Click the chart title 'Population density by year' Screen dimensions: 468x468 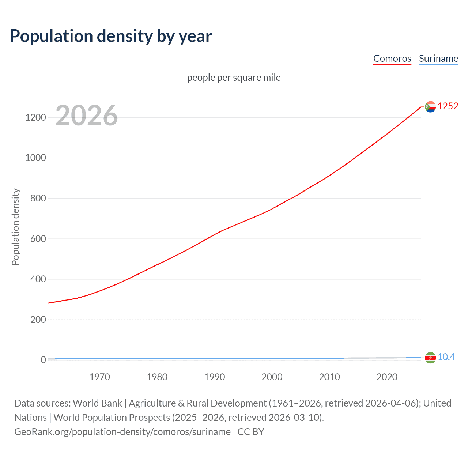111,36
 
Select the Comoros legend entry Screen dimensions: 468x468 392,58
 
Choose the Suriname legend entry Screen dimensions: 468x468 438,58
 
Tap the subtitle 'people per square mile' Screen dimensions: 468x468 234,78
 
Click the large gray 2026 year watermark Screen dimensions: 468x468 87,116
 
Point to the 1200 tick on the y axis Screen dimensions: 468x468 35,117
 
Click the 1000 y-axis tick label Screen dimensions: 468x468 35,158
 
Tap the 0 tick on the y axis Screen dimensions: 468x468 43,360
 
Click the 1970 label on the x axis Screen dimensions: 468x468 99,377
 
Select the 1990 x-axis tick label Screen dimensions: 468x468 215,377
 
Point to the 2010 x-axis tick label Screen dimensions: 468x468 329,377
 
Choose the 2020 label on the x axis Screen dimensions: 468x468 387,377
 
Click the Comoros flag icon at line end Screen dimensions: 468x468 430,107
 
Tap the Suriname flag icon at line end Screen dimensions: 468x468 430,358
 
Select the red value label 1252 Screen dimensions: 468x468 448,106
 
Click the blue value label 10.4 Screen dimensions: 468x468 446,357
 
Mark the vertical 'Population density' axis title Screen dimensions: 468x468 15,227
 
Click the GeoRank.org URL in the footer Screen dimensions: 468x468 122,432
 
